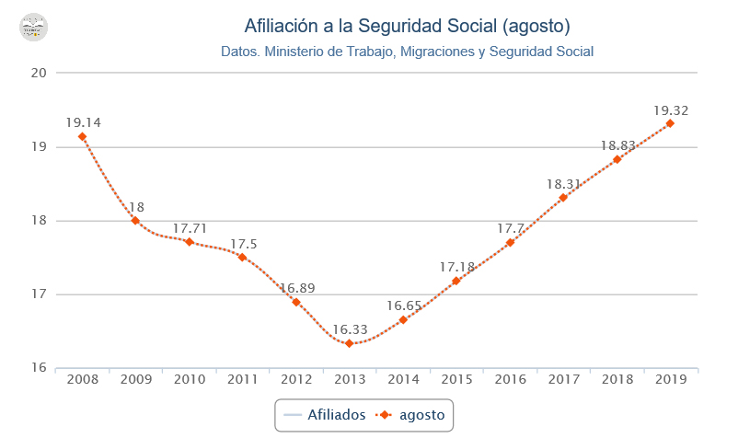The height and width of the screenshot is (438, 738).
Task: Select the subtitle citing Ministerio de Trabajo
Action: pos(407,52)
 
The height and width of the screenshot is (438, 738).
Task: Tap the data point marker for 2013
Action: pos(350,343)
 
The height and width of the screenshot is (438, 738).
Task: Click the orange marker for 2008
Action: pos(83,136)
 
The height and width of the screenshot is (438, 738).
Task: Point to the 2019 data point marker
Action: pos(670,123)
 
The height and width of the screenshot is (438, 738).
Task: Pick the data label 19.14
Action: pos(83,121)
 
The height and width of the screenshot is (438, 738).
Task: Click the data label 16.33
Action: pos(350,328)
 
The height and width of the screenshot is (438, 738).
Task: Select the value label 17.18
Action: pos(456,267)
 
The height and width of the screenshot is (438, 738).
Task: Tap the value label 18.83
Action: pos(617,145)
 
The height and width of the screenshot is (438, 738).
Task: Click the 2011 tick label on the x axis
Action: pos(243,379)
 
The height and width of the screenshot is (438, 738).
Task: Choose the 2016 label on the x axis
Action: pos(510,379)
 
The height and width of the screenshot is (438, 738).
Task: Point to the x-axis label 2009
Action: pos(136,379)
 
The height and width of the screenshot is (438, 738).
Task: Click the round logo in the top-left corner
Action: pos(33,27)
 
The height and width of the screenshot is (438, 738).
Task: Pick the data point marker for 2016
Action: pos(510,242)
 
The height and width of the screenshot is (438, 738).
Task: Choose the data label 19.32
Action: pos(670,110)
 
